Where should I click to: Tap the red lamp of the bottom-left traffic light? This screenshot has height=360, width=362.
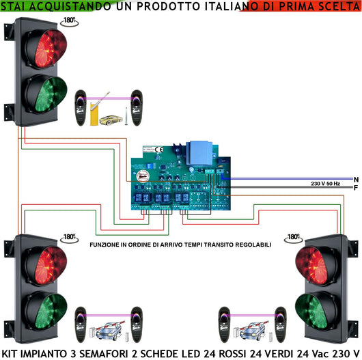click(x=46, y=264)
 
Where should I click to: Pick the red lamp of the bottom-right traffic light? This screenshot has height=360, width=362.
click(x=317, y=264)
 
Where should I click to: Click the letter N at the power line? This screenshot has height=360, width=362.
click(x=356, y=179)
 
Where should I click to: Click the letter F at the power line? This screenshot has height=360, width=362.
click(x=356, y=187)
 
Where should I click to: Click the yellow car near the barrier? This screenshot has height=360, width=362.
click(x=109, y=120)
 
